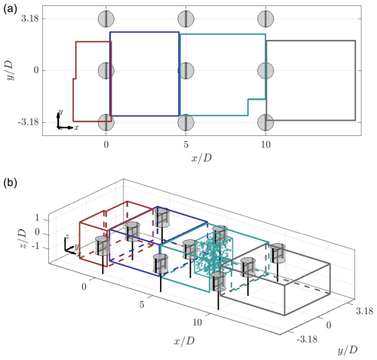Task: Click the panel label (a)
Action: click(x=10, y=9)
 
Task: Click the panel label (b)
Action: click(x=10, y=183)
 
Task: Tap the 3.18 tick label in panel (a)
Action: click(x=30, y=19)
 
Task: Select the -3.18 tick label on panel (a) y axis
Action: click(x=29, y=122)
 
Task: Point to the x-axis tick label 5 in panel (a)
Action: click(x=185, y=144)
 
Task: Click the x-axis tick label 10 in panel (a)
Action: click(x=265, y=144)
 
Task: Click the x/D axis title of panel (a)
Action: click(x=201, y=158)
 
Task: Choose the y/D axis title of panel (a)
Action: click(x=10, y=71)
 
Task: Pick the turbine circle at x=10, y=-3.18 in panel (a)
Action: click(x=265, y=122)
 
